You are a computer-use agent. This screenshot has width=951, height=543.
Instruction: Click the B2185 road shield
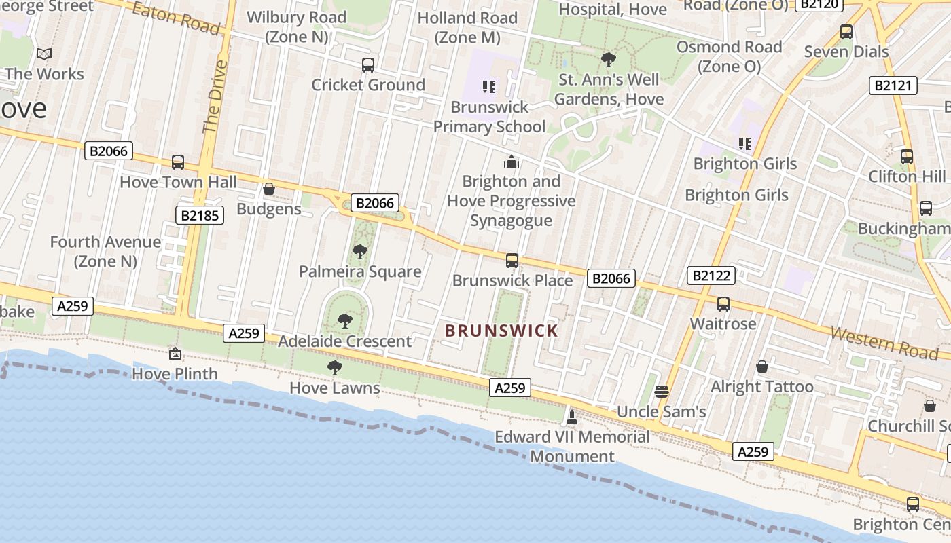tap(199, 216)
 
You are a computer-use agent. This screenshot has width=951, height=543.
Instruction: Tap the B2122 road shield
tap(711, 276)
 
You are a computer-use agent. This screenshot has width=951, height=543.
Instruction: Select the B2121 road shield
tap(893, 86)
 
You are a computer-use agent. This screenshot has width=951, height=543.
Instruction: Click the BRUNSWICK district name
tap(501, 331)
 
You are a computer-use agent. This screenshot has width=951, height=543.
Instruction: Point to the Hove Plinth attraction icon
tap(175, 354)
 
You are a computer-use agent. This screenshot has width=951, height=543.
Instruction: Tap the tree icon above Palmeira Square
tap(360, 252)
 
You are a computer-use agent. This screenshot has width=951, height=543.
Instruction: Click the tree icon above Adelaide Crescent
tap(345, 321)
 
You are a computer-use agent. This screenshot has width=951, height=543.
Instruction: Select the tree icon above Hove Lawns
tap(334, 368)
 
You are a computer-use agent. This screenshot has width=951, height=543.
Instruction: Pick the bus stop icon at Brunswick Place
tap(512, 261)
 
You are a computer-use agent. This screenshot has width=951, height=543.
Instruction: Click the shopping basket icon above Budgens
tap(269, 189)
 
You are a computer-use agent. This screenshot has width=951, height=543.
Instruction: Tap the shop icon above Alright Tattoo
tap(762, 367)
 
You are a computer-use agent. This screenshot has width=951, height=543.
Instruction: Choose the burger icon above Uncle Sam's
tap(662, 392)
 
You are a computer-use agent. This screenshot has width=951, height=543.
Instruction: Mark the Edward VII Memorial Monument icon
tap(572, 417)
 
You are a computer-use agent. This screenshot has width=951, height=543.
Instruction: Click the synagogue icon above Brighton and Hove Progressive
tap(512, 162)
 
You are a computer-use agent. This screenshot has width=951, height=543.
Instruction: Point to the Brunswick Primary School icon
tap(489, 87)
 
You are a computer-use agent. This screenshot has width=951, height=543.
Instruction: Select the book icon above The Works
tap(44, 54)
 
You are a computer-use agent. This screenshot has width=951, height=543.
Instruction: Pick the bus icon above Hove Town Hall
tap(178, 162)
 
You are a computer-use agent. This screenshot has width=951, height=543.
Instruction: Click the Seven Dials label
tap(846, 52)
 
